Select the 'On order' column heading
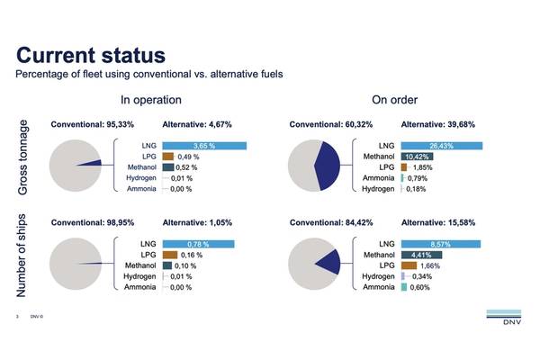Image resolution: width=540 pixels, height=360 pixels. pyautogui.click(x=393, y=100)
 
